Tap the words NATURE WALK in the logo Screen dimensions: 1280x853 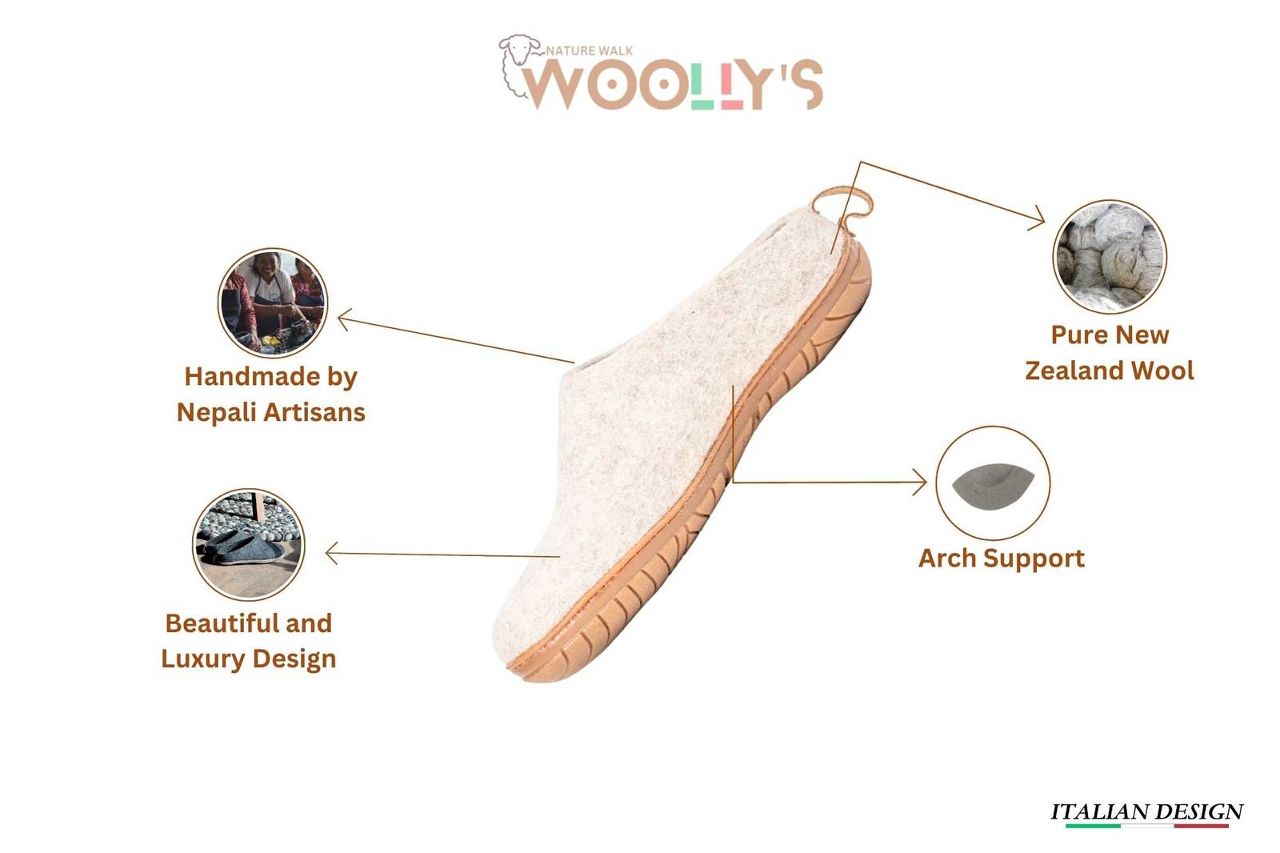(x=590, y=51)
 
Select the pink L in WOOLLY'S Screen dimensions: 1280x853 (x=732, y=84)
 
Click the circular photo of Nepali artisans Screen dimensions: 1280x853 (x=273, y=302)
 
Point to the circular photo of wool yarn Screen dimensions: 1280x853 (x=1110, y=257)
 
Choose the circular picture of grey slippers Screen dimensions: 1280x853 (x=249, y=544)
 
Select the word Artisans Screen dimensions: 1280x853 (x=314, y=412)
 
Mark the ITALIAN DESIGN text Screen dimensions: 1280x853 (x=1147, y=812)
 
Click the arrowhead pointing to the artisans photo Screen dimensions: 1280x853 (x=345, y=319)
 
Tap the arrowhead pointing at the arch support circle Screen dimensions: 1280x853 (x=919, y=482)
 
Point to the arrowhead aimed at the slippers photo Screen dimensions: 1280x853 (x=332, y=554)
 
